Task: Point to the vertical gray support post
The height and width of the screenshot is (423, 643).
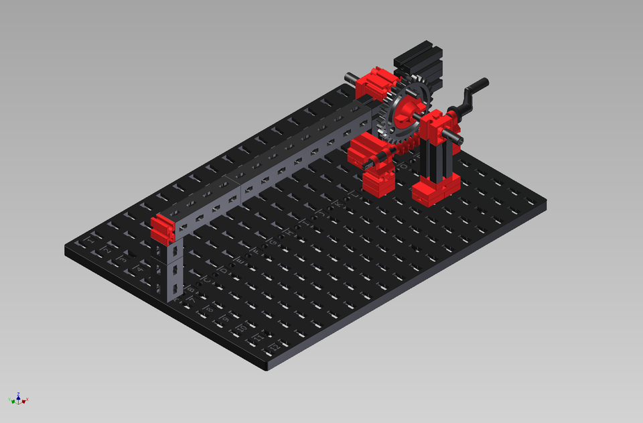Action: tap(173, 271)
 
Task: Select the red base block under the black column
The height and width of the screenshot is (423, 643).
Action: tap(435, 188)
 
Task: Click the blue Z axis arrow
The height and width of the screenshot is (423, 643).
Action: tap(18, 395)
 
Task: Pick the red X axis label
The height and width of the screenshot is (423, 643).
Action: tap(25, 401)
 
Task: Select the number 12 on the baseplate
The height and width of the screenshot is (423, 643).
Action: tap(274, 348)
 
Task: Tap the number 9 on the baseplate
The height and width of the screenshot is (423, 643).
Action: tap(225, 320)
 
